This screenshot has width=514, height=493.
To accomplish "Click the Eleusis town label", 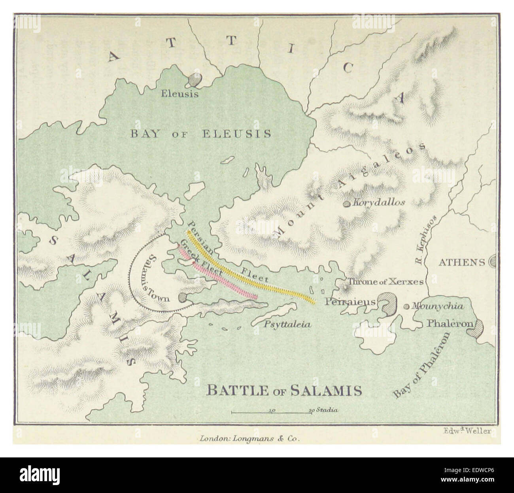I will [x=180, y=94].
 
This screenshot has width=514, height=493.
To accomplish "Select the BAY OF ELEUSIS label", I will [x=201, y=134].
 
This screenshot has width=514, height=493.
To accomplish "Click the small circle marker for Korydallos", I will [x=346, y=204].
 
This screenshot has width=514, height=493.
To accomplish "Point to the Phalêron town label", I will [x=450, y=323].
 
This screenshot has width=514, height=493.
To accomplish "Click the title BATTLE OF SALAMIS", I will [x=284, y=391].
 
